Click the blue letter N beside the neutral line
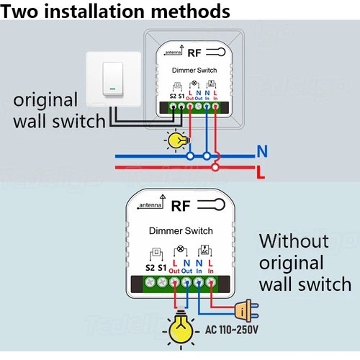263,152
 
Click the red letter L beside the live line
263,171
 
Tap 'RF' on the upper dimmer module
195,52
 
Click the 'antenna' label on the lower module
149,207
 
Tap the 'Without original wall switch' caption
305,261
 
